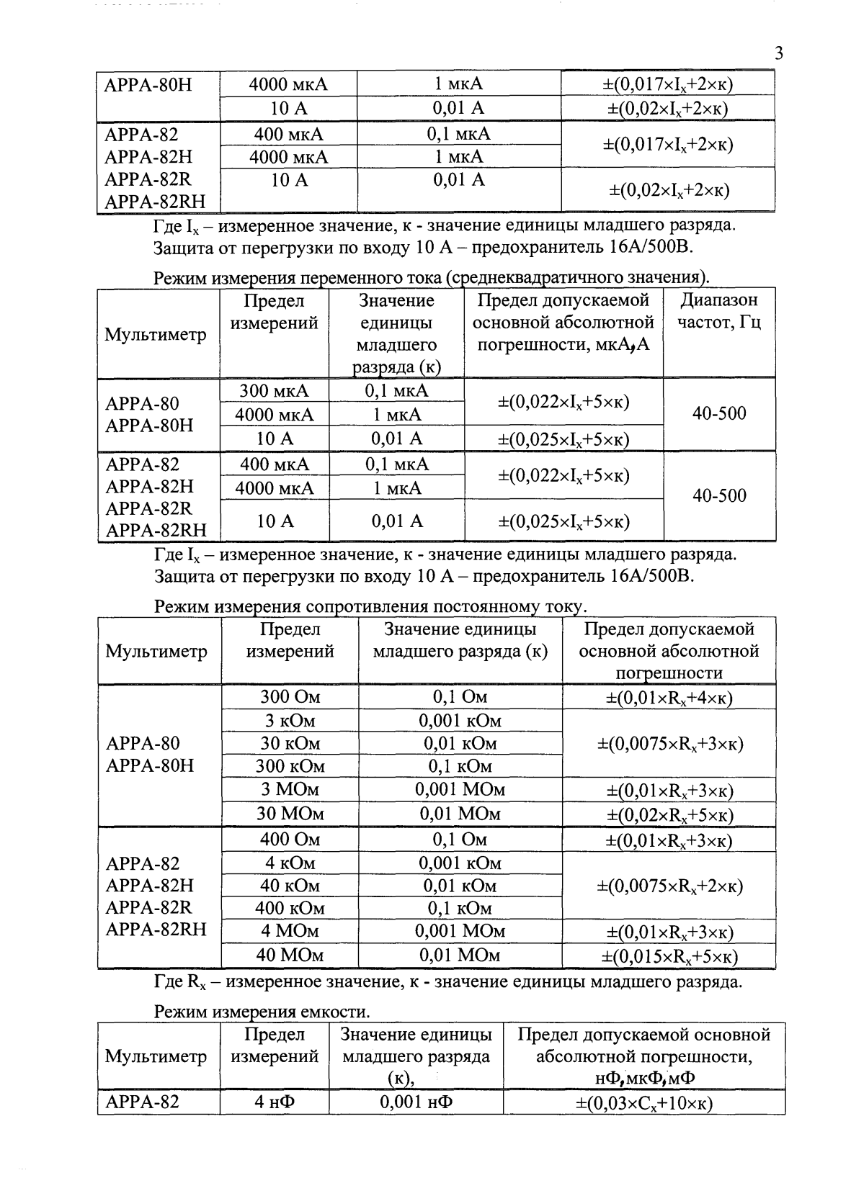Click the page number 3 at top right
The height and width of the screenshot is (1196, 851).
[x=778, y=54]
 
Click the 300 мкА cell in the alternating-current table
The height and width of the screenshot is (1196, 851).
[x=274, y=391]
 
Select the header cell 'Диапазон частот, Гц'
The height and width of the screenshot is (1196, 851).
[x=719, y=311]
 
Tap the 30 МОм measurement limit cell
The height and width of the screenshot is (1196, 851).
[x=290, y=814]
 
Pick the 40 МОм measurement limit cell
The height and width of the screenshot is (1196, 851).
[x=290, y=956]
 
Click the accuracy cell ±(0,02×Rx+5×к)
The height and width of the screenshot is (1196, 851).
[x=669, y=814]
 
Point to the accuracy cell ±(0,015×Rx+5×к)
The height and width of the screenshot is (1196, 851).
[x=669, y=956]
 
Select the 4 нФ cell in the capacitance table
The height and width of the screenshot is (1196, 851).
[x=275, y=1102]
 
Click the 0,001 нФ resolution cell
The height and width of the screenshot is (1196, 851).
[x=416, y=1102]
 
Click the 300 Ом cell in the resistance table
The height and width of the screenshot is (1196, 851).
[x=290, y=697]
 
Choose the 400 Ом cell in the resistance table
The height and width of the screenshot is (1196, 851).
[x=290, y=839]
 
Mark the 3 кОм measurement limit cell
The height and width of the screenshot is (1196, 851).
[x=290, y=721]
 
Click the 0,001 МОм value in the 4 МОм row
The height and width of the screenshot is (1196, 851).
[x=460, y=932]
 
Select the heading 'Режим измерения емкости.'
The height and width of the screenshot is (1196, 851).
[x=262, y=1012]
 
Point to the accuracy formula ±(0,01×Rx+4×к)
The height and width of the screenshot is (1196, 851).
[x=669, y=698]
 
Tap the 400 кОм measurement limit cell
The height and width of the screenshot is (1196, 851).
[x=290, y=908]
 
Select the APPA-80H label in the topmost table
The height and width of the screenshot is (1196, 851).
[x=148, y=85]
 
